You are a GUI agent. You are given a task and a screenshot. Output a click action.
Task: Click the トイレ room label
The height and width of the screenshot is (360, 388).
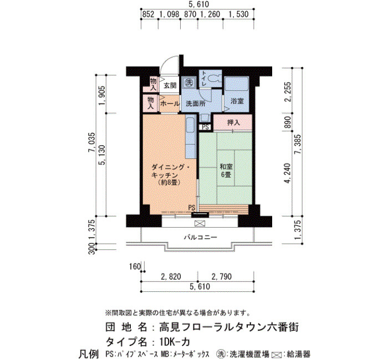click(x=204, y=79)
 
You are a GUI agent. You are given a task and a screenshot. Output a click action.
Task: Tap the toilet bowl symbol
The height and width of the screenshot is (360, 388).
click(x=215, y=79)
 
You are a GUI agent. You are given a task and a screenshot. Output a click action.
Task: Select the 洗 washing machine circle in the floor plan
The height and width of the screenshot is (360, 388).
click(x=190, y=82)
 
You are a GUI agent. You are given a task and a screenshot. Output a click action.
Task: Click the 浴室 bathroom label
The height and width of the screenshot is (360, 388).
click(x=237, y=101)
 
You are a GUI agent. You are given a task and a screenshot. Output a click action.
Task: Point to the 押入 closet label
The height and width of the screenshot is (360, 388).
click(x=233, y=122)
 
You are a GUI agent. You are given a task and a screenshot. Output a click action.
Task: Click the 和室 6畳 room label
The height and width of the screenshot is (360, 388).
click(x=226, y=171)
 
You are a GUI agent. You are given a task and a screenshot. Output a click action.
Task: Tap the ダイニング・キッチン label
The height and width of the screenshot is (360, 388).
click(x=171, y=175)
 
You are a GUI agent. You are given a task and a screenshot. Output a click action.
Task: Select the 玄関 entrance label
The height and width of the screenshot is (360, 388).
click(x=170, y=85)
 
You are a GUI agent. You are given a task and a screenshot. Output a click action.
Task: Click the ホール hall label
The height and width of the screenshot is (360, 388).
click(x=170, y=104)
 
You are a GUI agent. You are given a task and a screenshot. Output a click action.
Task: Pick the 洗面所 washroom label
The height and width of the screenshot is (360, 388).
click(x=196, y=104)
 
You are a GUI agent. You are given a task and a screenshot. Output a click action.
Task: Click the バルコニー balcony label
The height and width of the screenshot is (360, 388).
click(x=201, y=238)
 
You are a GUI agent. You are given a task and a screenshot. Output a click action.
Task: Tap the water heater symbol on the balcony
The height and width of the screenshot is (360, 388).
click(x=200, y=224)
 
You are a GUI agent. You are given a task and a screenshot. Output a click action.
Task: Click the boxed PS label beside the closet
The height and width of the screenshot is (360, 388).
click(x=205, y=127)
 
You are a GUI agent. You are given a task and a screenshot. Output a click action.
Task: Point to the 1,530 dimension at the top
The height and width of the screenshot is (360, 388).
click(x=238, y=14)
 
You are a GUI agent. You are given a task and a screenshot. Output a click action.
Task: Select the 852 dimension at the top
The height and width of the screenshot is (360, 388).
click(x=149, y=14)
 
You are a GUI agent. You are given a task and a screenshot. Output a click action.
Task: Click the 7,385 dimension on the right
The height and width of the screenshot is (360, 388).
click(x=297, y=148)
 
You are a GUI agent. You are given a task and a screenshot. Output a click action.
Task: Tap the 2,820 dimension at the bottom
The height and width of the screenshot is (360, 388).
click(x=171, y=276)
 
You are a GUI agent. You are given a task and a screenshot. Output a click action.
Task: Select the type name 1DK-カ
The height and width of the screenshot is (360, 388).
click(x=175, y=342)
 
